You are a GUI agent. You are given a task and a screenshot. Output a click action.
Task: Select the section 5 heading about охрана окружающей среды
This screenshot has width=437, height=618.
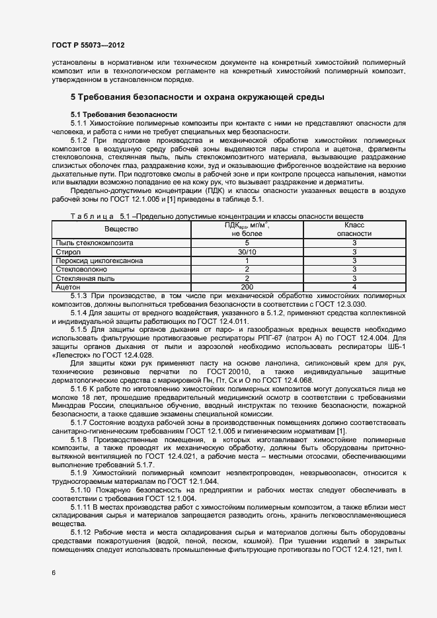pyautogui.click(x=197, y=98)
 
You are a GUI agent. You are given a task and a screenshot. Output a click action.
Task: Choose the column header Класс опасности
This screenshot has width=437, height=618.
pyautogui.click(x=354, y=229)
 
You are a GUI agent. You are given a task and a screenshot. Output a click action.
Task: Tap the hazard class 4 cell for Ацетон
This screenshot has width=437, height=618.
pyautogui.click(x=354, y=287)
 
